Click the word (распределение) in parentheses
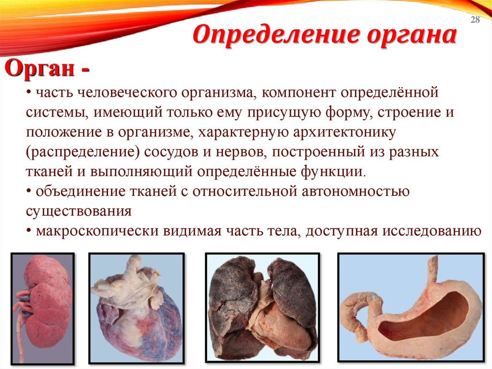click(83, 152)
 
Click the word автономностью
click(355, 191)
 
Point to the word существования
click(79, 211)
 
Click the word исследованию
click(432, 231)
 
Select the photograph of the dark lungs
click(262, 307)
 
